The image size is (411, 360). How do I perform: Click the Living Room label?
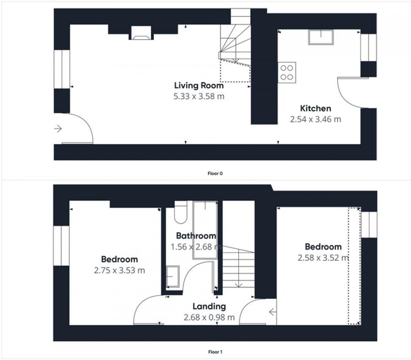pyautogui.click(x=199, y=86)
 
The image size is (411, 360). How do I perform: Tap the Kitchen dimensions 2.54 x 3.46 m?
pyautogui.click(x=315, y=120)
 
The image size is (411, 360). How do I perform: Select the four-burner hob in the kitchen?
pyautogui.click(x=287, y=72)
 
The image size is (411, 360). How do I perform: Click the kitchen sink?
pyautogui.click(x=321, y=37)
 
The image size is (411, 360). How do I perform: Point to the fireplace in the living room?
pyautogui.click(x=141, y=33)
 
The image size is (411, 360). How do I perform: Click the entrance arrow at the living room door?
pyautogui.click(x=58, y=129)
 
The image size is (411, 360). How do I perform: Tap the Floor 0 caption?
pyautogui.click(x=215, y=174)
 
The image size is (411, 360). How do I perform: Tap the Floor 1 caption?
pyautogui.click(x=215, y=352)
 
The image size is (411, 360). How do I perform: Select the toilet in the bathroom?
pyautogui.click(x=181, y=212)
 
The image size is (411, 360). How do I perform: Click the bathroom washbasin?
pyautogui.click(x=173, y=276)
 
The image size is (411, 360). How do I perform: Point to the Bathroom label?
pyautogui.click(x=196, y=236)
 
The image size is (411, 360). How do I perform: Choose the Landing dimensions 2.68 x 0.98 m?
pyautogui.click(x=209, y=318)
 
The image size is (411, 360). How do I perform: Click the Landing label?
pyautogui.click(x=209, y=307)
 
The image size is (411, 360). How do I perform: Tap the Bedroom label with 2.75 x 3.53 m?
pyautogui.click(x=119, y=259)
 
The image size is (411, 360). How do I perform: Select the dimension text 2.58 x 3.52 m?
pyautogui.click(x=323, y=258)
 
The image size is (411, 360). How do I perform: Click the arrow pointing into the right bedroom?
pyautogui.click(x=273, y=312)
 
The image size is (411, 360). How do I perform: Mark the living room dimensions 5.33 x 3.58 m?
pyautogui.click(x=199, y=96)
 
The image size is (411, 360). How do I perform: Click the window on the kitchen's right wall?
pyautogui.click(x=369, y=48)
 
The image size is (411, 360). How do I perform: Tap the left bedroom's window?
pyautogui.click(x=61, y=245)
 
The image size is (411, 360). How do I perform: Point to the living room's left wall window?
pyautogui.click(x=62, y=70)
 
